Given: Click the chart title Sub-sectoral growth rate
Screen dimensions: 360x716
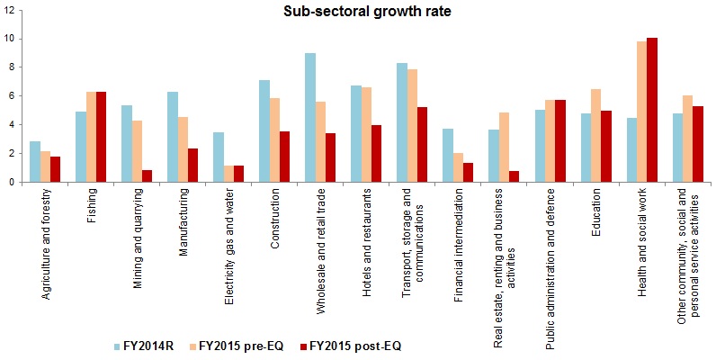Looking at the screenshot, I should click(358, 12).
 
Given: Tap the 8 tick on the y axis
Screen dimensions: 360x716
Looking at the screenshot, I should click(11, 67).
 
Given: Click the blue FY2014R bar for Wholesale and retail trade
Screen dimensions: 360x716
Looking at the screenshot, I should click(310, 118).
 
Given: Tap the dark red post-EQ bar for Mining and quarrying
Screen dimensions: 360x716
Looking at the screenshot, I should click(148, 175).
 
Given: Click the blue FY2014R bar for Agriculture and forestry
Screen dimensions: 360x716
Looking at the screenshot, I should click(34, 161).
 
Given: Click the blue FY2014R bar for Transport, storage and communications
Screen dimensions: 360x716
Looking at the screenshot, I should click(402, 122).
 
